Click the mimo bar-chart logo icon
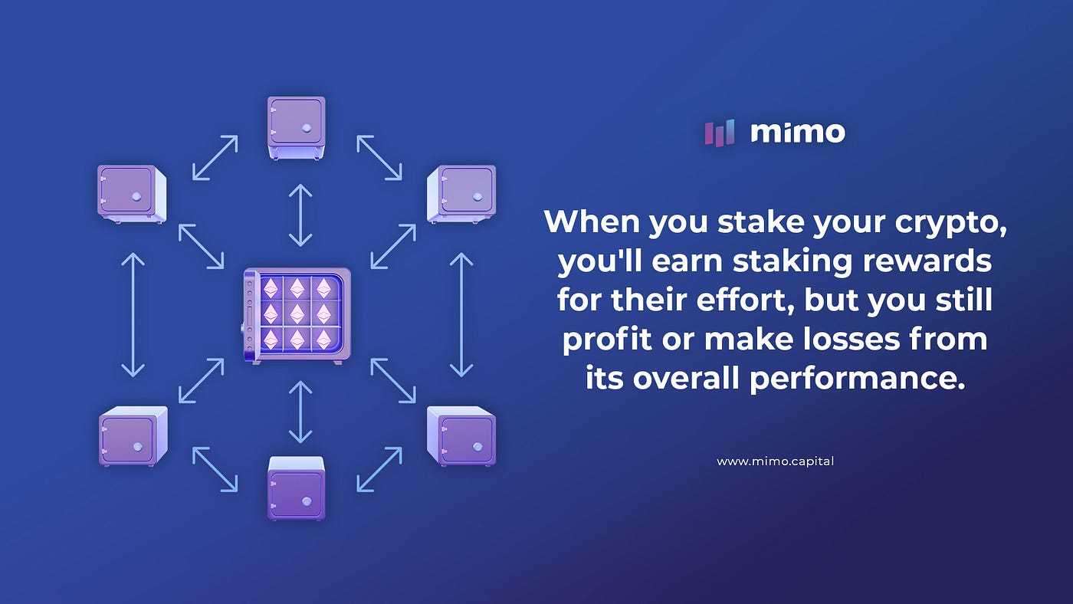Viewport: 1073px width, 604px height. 720,133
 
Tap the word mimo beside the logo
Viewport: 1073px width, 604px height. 798,133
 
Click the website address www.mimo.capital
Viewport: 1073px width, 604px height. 775,461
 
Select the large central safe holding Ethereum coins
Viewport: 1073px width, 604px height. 297,315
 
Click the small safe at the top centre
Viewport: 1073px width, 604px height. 297,127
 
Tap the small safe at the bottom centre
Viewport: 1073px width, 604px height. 297,487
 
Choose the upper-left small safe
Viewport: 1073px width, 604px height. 132,194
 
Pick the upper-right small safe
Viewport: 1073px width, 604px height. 461,194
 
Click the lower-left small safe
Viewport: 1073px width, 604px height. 133,435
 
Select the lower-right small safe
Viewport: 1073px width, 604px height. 461,435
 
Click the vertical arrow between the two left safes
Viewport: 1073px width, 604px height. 133,315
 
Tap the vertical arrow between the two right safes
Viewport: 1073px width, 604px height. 461,315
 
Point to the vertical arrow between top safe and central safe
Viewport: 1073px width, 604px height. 300,214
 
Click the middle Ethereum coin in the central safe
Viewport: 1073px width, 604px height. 297,314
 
